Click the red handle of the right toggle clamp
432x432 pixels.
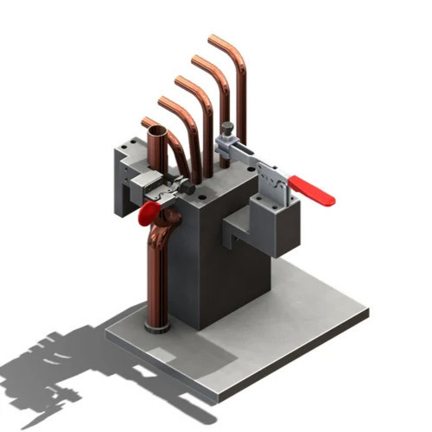[312, 191]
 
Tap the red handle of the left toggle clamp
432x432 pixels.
[148, 213]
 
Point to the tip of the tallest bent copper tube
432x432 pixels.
[213, 39]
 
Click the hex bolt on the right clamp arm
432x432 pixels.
[227, 130]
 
